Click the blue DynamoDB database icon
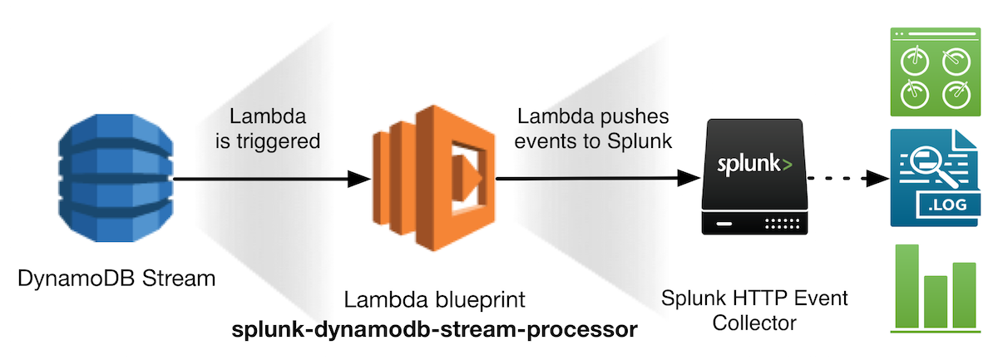[x=117, y=178]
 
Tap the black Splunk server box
[x=753, y=176]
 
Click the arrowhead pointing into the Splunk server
[x=687, y=177]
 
